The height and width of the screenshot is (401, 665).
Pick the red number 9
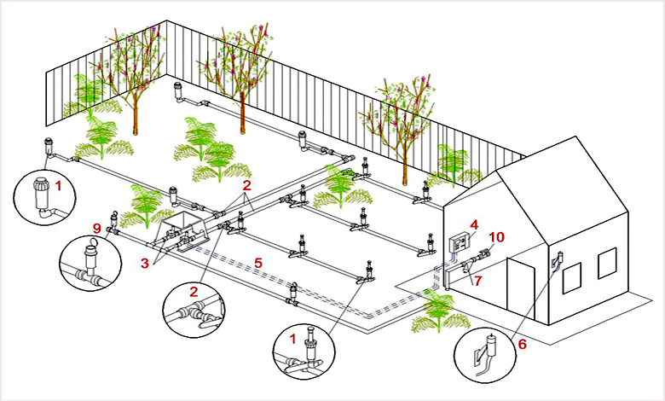coord(96,229)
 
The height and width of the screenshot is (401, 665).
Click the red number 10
coord(498,235)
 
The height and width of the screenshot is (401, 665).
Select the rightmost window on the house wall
coord(606,264)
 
